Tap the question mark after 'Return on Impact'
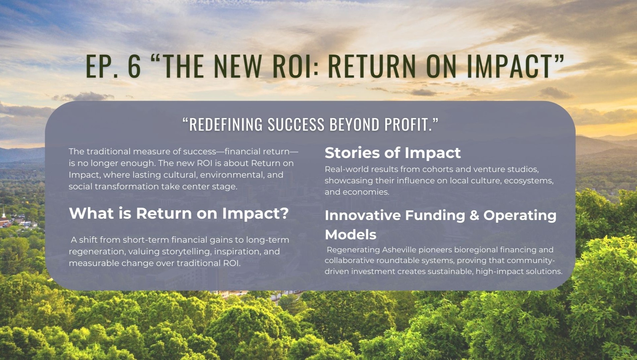(284, 213)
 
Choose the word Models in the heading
(351, 235)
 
